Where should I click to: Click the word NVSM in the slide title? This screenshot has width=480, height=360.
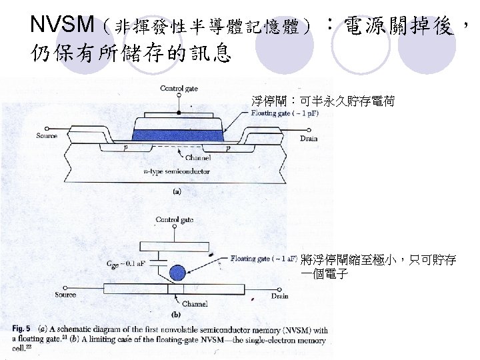(x=62, y=25)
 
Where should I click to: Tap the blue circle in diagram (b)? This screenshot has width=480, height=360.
(x=177, y=273)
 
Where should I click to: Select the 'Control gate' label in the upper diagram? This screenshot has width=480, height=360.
(x=179, y=89)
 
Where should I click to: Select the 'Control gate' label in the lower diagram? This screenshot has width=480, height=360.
(x=175, y=219)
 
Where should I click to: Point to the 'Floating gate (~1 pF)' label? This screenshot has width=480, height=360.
(x=285, y=114)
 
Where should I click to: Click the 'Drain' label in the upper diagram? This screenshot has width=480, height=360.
(x=309, y=139)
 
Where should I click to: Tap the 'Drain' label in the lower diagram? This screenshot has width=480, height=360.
(x=280, y=295)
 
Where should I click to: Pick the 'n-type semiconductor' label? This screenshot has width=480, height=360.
(x=177, y=171)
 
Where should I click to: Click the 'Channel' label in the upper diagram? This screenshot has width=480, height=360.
(x=198, y=158)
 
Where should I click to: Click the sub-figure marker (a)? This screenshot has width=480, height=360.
(x=177, y=191)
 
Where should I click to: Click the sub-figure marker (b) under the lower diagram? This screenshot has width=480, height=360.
(x=177, y=314)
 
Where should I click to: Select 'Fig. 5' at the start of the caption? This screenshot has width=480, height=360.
(x=21, y=329)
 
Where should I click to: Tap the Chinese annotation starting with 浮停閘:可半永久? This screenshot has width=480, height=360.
(x=323, y=101)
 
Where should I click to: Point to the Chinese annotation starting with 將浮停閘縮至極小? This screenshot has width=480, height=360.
(x=378, y=267)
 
